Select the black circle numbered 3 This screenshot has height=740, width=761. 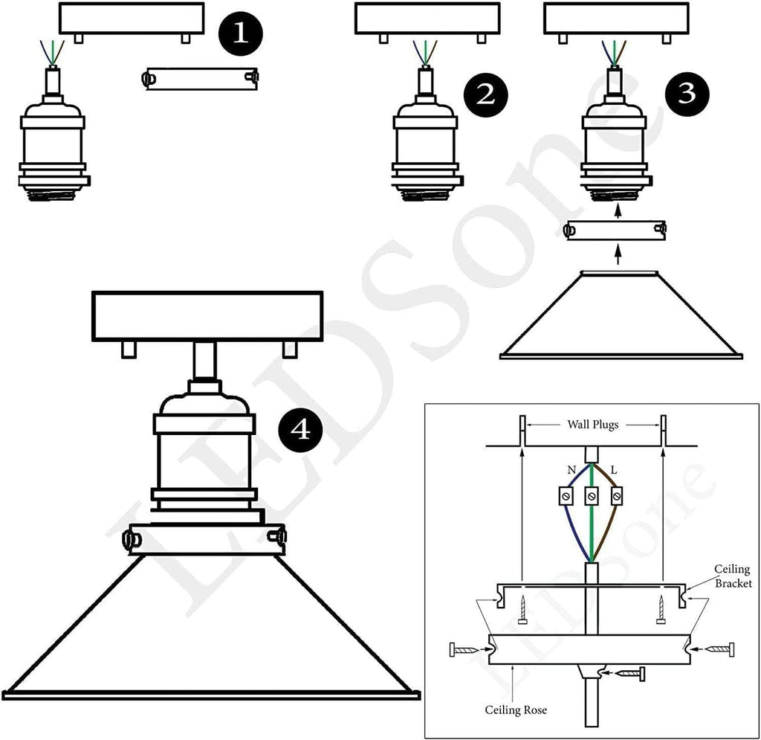click(x=687, y=94)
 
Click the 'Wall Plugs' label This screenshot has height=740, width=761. click(x=592, y=425)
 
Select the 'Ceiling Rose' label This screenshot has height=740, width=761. click(x=518, y=710)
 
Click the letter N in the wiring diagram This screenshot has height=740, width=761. click(x=571, y=471)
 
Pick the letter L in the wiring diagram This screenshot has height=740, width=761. click(x=614, y=471)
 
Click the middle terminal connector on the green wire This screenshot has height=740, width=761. click(x=592, y=495)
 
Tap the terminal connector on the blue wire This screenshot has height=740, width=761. click(x=568, y=495)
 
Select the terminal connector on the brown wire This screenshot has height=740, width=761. click(x=615, y=495)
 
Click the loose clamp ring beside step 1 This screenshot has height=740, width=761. click(x=201, y=78)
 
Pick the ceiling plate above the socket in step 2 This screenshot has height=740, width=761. click(x=425, y=19)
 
